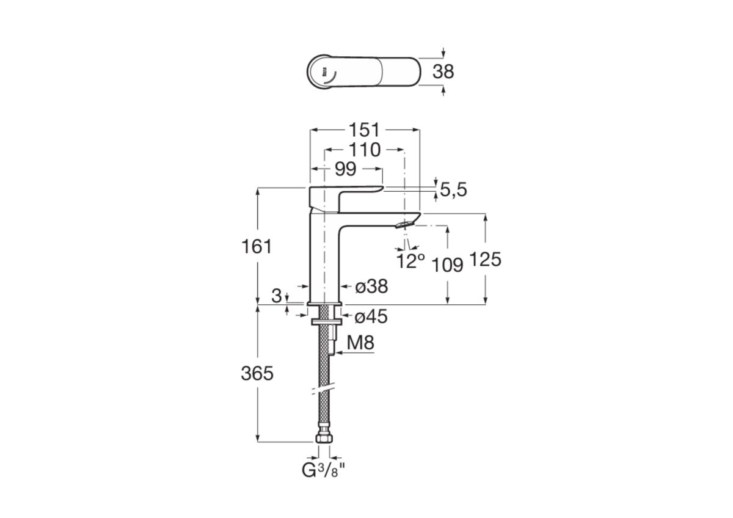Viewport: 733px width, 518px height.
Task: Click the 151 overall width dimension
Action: (x=364, y=130)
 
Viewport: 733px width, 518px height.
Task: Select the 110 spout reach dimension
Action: (x=364, y=150)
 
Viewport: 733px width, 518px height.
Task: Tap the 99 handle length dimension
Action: (x=346, y=169)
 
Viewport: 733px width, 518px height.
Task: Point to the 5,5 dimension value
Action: (x=453, y=190)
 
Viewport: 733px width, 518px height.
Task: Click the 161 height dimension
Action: (x=257, y=247)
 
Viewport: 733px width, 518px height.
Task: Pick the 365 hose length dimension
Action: (x=257, y=373)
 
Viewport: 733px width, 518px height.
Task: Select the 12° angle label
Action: (x=410, y=261)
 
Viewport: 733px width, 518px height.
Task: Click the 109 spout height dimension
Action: (x=447, y=264)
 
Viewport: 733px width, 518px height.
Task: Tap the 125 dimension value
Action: (x=485, y=260)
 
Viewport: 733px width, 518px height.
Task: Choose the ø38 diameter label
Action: (x=371, y=286)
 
